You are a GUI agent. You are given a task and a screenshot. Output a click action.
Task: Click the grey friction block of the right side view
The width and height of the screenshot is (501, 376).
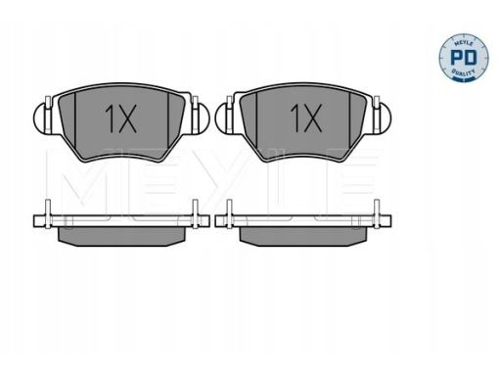pos(305,236)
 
